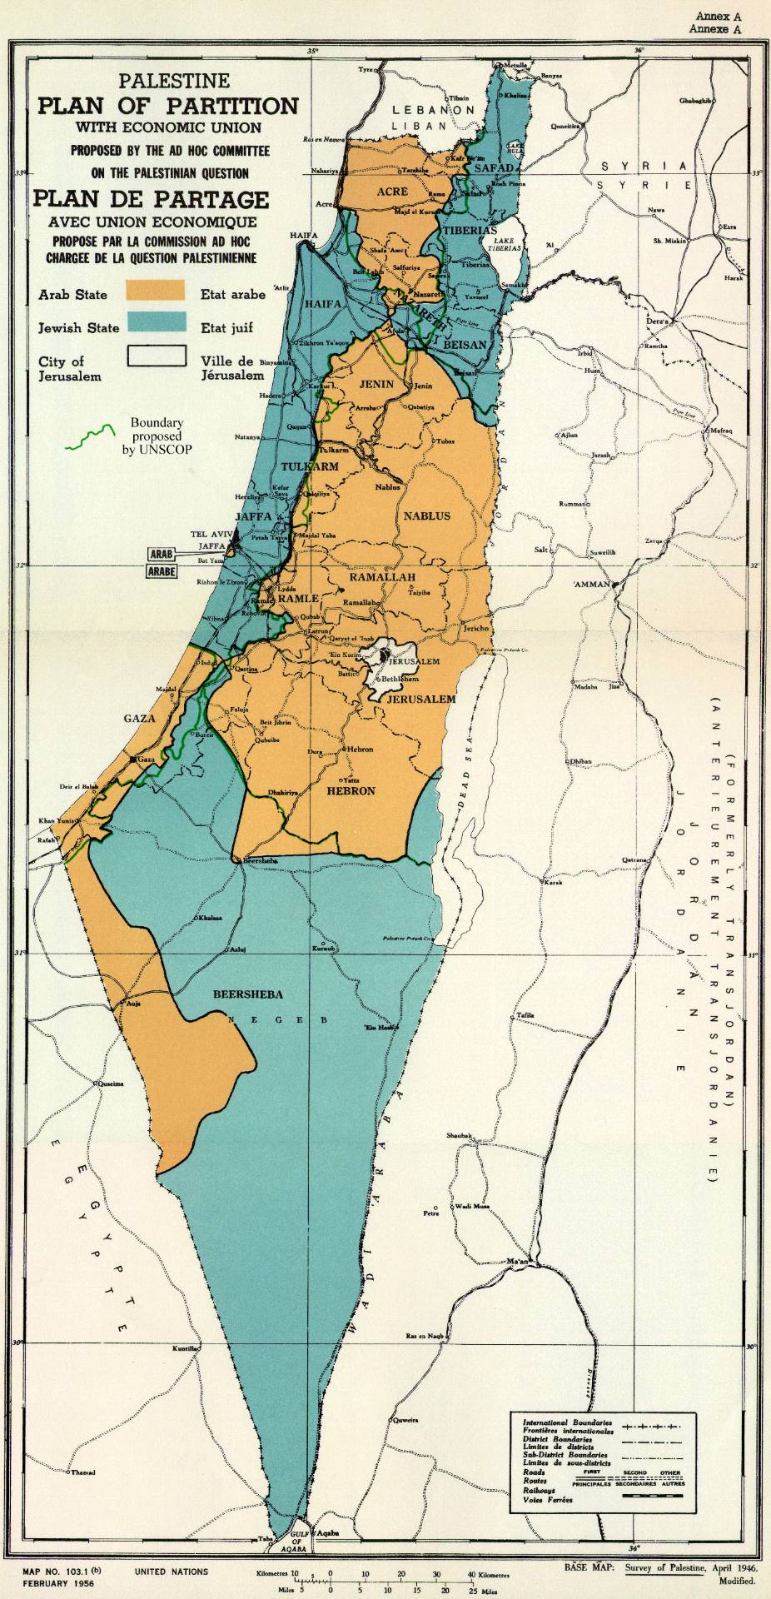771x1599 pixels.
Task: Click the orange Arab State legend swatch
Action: coord(155,289)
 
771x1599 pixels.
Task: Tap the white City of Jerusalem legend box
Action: coord(155,356)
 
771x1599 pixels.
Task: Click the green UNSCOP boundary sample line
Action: coord(90,435)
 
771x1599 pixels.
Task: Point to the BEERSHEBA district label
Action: coord(248,994)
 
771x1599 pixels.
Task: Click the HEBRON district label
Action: coord(351,790)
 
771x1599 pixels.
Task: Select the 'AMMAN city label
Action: coord(592,585)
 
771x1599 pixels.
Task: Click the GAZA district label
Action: coord(141,718)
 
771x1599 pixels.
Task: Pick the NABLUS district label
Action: coord(426,516)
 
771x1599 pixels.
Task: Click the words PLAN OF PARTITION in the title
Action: coord(167,106)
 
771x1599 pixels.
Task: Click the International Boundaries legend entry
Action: coord(567,1422)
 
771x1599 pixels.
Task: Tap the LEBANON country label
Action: coord(433,110)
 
